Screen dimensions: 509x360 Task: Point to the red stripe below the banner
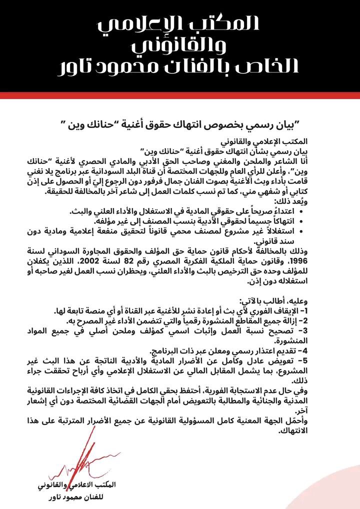point(180,95)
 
